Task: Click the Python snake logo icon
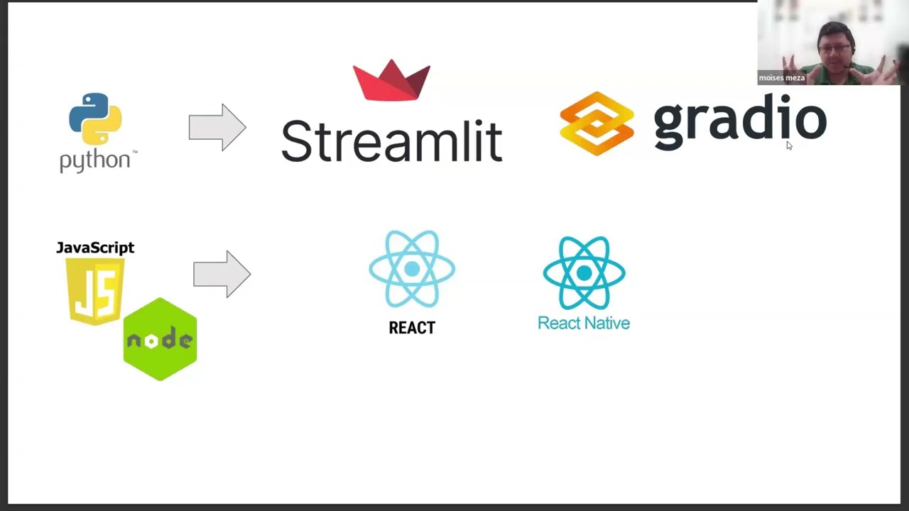tap(95, 119)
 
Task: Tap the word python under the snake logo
tap(95, 160)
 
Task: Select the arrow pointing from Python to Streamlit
tap(217, 128)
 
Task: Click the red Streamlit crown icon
tap(391, 80)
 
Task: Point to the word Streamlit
tap(391, 141)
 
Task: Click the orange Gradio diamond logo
tap(597, 123)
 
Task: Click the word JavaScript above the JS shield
tap(95, 248)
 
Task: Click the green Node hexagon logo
tap(160, 339)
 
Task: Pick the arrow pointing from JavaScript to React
tap(222, 274)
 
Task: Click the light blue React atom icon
tap(412, 269)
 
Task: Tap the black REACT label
tap(412, 328)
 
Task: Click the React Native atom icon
tap(584, 273)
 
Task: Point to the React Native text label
tap(584, 324)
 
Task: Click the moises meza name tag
tap(782, 78)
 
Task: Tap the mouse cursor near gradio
tap(788, 145)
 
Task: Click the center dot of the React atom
tap(412, 269)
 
